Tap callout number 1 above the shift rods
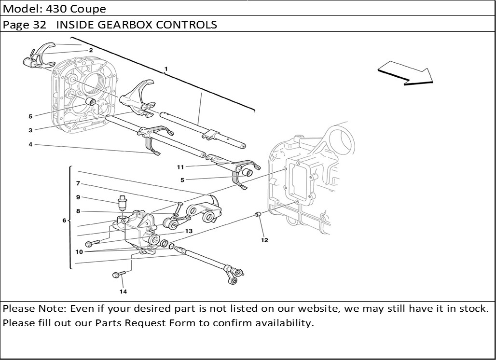coord(165,69)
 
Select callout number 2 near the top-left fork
coord(91,50)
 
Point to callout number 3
coord(30,130)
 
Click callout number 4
coord(30,144)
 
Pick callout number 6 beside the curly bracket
coord(64,221)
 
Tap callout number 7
coord(78,183)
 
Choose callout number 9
coord(78,197)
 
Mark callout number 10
coord(79,251)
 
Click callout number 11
coord(180,167)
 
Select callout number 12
coord(264,240)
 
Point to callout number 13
coord(189,231)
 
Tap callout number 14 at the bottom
coord(124,291)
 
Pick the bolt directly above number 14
coord(116,275)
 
